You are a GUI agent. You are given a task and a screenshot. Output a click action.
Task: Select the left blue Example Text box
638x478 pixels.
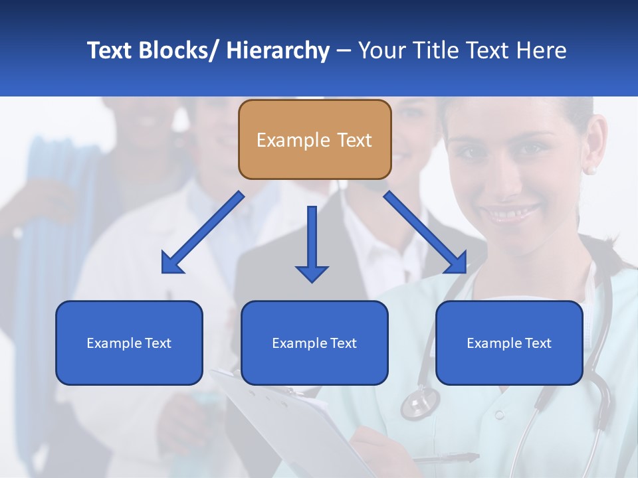coord(129,343)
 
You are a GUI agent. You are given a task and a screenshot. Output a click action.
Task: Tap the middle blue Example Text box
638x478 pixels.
coord(314,343)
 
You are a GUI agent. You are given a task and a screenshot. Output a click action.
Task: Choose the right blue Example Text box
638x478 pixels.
coord(509,343)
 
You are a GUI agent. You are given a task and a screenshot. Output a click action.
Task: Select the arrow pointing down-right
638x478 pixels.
coord(425,233)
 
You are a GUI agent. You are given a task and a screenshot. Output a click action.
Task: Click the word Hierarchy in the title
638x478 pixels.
coord(278,50)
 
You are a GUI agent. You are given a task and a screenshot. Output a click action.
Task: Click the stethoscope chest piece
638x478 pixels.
coord(420,402)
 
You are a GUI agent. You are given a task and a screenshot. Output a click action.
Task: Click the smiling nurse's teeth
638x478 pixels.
coord(511,214)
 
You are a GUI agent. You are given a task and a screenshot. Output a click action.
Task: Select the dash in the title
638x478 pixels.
coord(344,50)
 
